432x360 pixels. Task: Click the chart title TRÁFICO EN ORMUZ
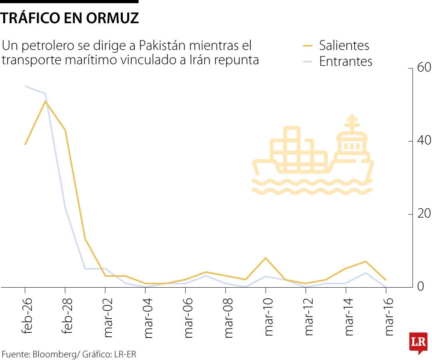[x=70, y=18]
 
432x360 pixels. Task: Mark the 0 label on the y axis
[x=420, y=287]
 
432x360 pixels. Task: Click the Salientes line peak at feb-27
[x=45, y=101]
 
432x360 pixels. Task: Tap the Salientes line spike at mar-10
[x=266, y=258]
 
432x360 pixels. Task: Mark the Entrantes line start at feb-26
[x=25, y=86]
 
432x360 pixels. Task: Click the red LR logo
[x=418, y=342]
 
